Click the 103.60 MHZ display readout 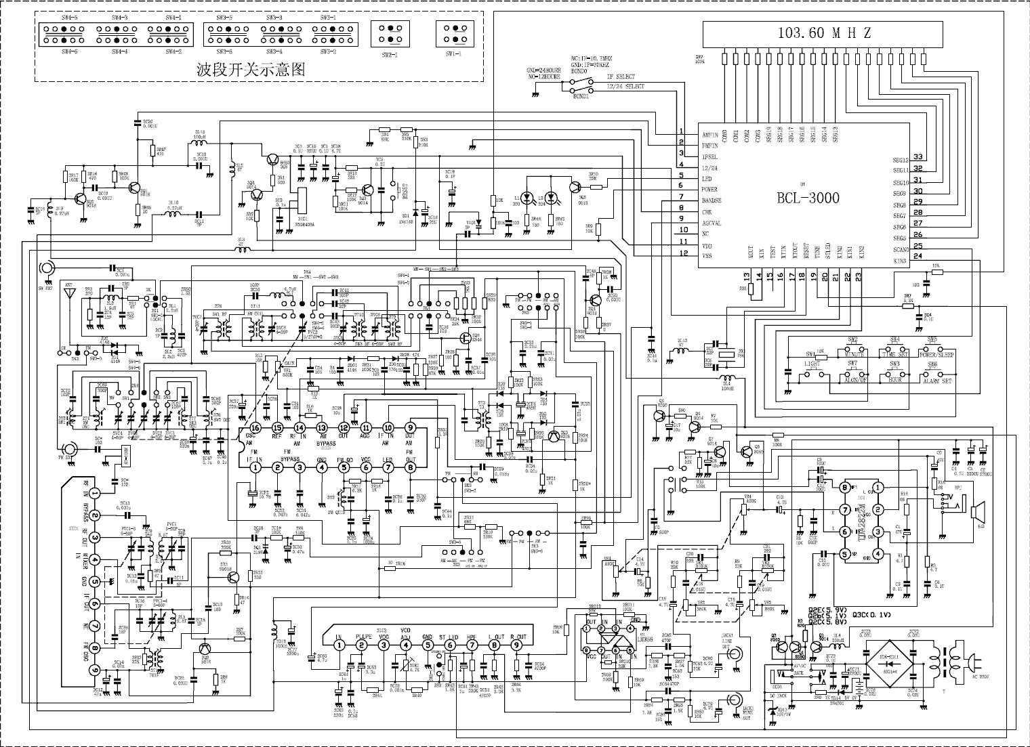[x=823, y=33]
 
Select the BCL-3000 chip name [x=808, y=198]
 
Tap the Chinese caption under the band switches [x=250, y=68]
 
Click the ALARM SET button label [x=936, y=381]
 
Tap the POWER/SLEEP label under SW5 [x=936, y=354]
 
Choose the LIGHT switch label [x=812, y=364]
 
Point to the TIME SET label [x=895, y=354]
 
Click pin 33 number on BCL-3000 [x=918, y=158]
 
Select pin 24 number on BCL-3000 [x=918, y=256]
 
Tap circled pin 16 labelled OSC [x=255, y=427]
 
